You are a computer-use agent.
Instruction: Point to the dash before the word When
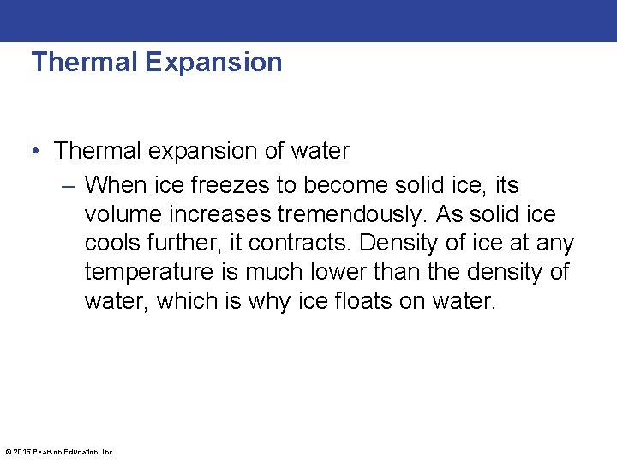click(70, 185)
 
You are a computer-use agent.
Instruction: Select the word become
click(342, 185)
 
